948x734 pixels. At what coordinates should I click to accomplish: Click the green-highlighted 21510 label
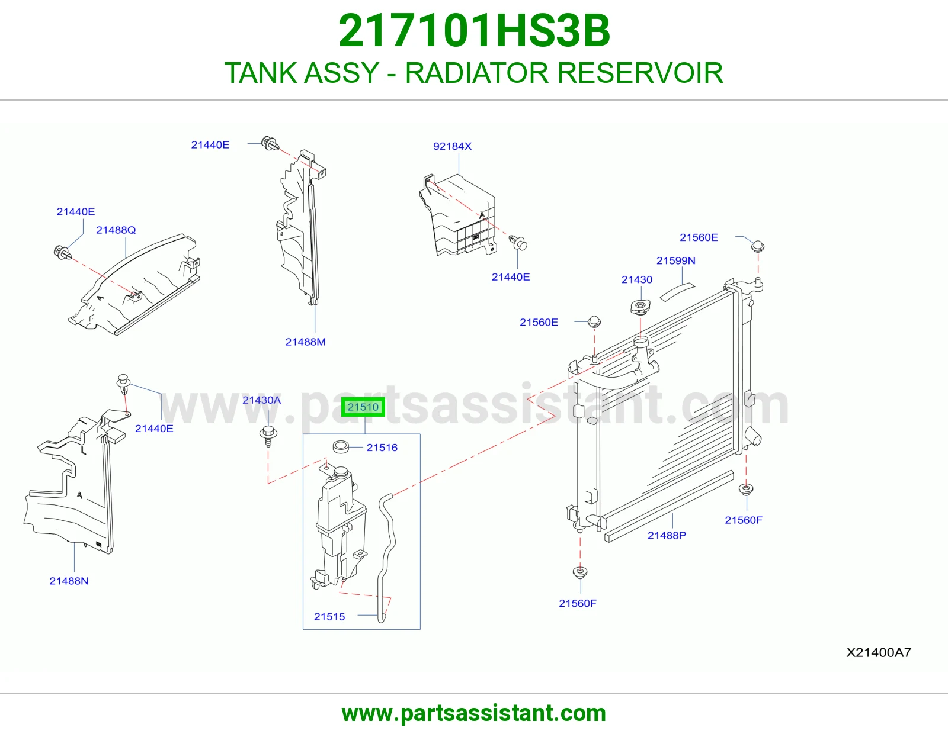click(x=363, y=407)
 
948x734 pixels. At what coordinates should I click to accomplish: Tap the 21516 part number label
click(x=382, y=448)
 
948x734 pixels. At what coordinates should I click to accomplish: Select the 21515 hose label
click(x=329, y=617)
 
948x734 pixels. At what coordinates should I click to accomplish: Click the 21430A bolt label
click(x=261, y=400)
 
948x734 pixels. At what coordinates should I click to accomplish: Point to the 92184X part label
click(x=452, y=146)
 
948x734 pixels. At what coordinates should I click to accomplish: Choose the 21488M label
click(x=305, y=342)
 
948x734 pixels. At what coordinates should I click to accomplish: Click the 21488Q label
click(x=116, y=230)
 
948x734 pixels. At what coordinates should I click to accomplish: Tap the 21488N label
click(x=69, y=581)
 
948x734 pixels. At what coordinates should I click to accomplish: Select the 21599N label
click(x=676, y=260)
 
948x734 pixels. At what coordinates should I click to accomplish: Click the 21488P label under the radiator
click(x=667, y=536)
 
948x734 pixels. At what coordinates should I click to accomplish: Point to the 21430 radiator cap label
click(x=636, y=280)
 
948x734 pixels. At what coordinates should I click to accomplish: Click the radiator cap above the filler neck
click(x=640, y=307)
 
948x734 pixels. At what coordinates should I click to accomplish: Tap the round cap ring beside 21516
click(x=341, y=447)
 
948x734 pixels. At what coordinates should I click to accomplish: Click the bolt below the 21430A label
click(x=268, y=436)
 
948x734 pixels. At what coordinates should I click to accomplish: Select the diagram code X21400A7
click(x=879, y=652)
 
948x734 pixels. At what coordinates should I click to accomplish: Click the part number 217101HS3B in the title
click(x=474, y=31)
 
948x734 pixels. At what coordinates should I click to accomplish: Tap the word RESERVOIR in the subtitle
click(x=640, y=73)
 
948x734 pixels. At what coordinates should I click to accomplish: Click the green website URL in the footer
click(x=474, y=713)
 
